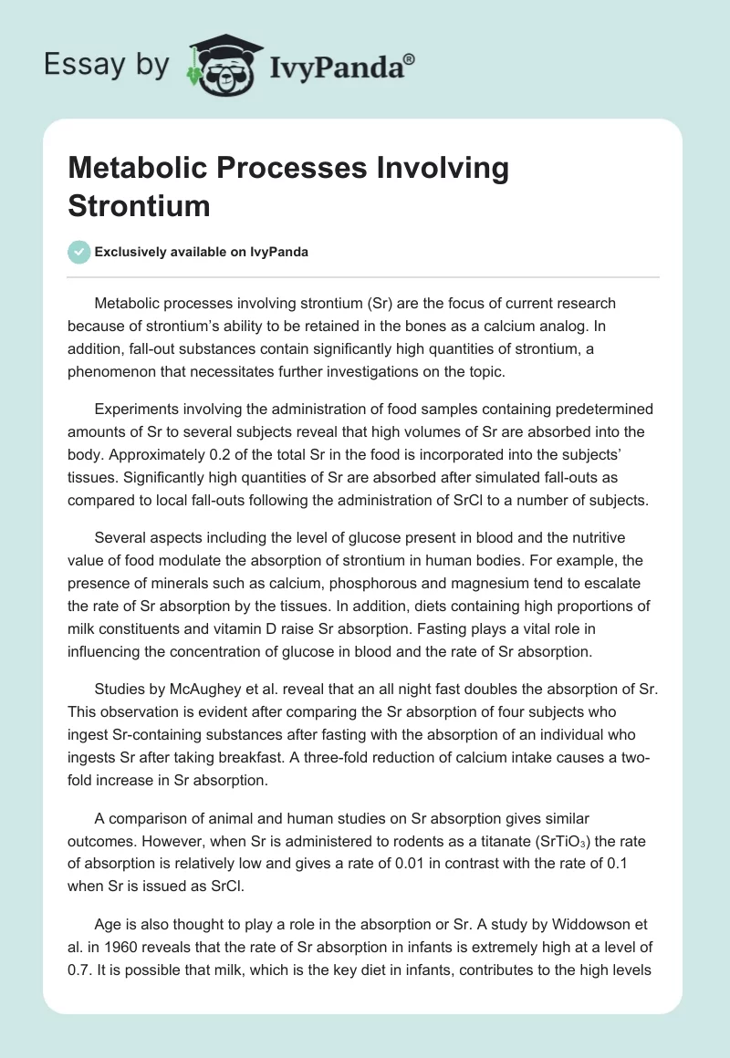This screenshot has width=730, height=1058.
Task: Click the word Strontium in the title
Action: (x=139, y=205)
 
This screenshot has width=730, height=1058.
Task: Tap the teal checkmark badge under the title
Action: (x=79, y=252)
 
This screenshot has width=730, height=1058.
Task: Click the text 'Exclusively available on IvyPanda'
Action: (x=201, y=253)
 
